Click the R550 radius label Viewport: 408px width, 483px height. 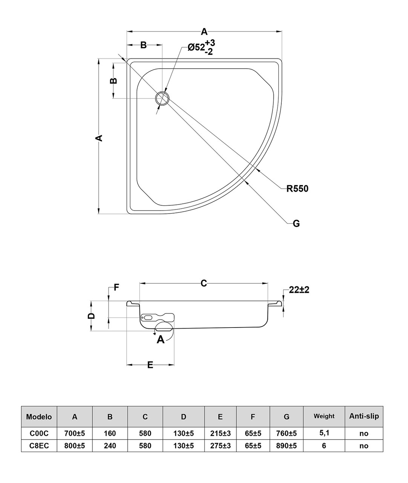[x=297, y=188]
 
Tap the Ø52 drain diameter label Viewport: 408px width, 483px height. [x=200, y=48]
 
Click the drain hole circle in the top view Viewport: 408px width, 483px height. [x=163, y=98]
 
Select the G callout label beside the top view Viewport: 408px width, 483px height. [x=296, y=223]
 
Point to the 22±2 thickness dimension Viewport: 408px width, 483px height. [x=299, y=290]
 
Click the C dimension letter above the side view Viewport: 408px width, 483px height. [x=204, y=283]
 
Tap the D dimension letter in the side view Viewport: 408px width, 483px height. [x=91, y=316]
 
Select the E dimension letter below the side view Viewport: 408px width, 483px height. [x=150, y=365]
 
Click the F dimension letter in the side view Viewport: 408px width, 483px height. [x=117, y=288]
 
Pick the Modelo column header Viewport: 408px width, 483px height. [x=39, y=417]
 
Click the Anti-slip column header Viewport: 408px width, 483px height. [x=364, y=416]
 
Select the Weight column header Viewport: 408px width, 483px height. [x=324, y=416]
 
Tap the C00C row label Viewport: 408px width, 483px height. [x=39, y=434]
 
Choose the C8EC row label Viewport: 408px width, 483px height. [x=39, y=446]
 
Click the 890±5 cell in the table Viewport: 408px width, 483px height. [x=287, y=446]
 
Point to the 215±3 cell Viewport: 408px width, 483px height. [x=220, y=434]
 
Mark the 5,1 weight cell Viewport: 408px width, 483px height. [x=324, y=433]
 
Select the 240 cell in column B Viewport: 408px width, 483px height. [x=110, y=446]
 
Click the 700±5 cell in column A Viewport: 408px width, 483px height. [x=75, y=434]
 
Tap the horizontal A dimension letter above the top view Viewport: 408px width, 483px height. [x=204, y=31]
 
